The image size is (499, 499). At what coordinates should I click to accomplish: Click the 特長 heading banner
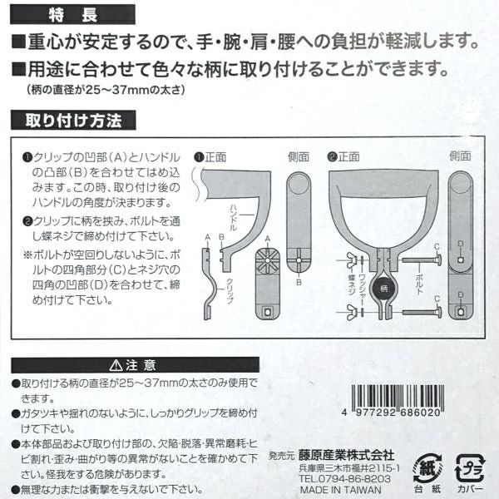(72, 15)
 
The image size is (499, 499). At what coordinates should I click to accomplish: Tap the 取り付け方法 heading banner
(73, 121)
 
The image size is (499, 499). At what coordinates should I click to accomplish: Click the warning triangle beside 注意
(116, 365)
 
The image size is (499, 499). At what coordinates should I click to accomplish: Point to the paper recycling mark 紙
(427, 468)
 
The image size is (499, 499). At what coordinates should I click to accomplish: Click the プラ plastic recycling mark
(470, 467)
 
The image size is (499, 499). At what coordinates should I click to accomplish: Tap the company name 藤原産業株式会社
(346, 456)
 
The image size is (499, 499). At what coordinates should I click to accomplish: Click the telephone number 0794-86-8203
(354, 479)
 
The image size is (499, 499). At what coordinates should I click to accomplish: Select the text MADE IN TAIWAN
(340, 490)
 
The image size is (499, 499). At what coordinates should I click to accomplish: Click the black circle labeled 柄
(384, 289)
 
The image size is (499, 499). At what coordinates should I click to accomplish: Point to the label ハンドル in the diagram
(233, 217)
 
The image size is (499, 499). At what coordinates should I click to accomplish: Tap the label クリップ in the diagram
(230, 291)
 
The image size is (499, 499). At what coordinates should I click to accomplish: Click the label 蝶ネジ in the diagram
(351, 284)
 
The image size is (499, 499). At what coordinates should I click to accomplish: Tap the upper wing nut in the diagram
(352, 259)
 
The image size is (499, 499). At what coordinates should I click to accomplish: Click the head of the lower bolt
(437, 312)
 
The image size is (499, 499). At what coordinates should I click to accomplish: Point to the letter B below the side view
(299, 282)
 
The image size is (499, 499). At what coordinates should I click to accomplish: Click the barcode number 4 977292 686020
(392, 413)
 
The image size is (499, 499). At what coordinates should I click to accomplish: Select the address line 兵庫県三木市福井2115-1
(349, 468)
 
